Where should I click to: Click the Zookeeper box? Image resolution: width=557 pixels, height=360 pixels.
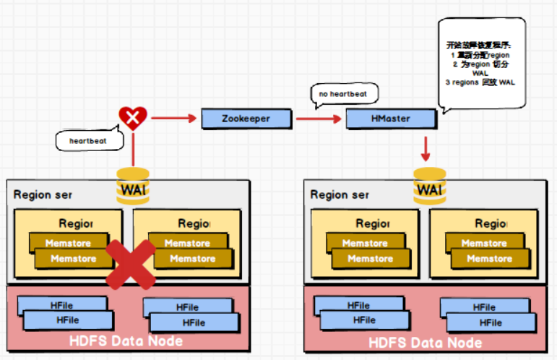[x=246, y=119]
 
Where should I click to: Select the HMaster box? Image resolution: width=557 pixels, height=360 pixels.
[x=391, y=119]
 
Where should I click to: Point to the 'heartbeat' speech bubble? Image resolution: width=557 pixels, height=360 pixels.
[x=87, y=140]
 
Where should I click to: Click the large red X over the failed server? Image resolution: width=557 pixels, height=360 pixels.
[x=131, y=265]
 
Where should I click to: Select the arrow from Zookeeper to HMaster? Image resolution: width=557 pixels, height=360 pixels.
[x=318, y=119]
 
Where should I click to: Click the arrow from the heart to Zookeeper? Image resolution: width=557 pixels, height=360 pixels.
[x=174, y=119]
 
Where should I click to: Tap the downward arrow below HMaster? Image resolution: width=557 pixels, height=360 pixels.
[x=426, y=148]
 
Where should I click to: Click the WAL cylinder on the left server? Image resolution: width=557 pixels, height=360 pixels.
[x=133, y=187]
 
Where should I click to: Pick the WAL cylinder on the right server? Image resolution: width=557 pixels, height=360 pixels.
[x=430, y=188]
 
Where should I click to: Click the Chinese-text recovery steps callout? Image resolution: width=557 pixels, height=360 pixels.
[x=482, y=64]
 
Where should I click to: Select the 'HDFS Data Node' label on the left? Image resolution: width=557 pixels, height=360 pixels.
[x=126, y=340]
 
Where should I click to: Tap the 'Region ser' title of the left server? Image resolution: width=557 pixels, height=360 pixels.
[x=43, y=194]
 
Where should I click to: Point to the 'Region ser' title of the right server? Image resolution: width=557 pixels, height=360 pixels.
[x=340, y=194]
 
